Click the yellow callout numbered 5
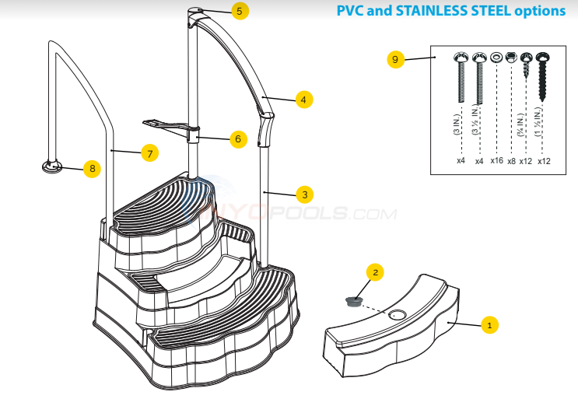239,11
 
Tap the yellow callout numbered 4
304,100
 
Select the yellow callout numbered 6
238,139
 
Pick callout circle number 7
149,153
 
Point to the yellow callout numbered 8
92,167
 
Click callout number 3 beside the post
304,194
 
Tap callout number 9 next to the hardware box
395,60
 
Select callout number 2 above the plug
375,271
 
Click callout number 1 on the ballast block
488,326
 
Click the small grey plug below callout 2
355,300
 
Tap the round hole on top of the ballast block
397,315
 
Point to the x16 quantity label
496,161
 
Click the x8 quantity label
511,161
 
